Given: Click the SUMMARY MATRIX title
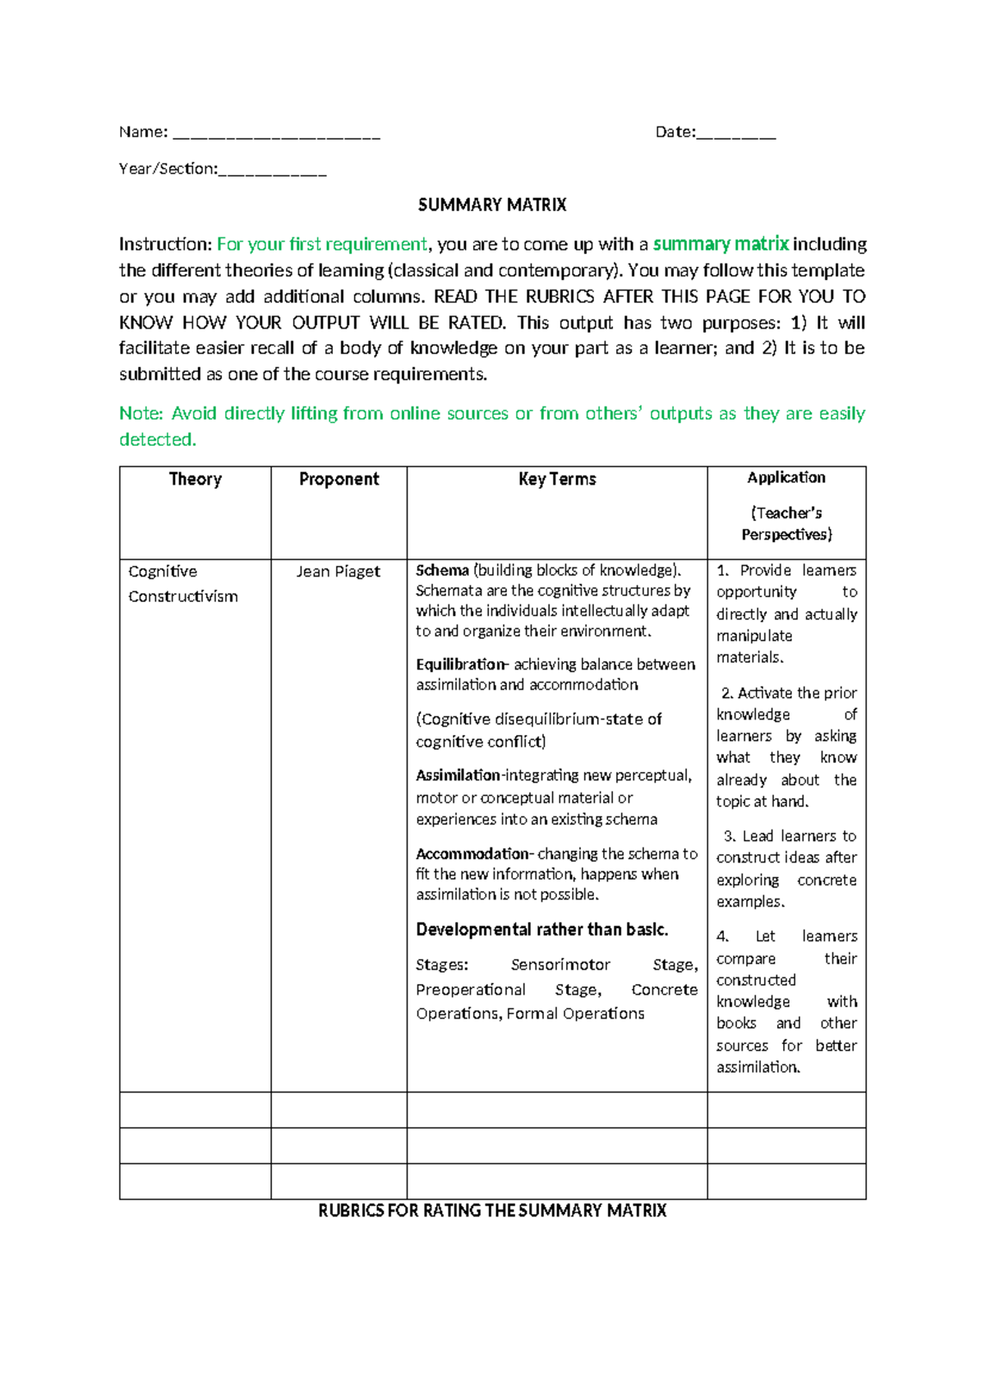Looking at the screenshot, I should point(492,205).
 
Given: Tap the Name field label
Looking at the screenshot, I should point(143,132).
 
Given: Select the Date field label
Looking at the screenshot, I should point(675,132).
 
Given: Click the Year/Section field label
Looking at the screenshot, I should point(168,169).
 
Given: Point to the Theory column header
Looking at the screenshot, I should point(195,480).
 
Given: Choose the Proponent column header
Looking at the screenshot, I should point(339,480).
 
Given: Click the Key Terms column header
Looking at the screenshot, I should point(557,480).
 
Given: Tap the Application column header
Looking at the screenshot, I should point(786,478).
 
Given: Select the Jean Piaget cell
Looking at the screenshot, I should point(339,572).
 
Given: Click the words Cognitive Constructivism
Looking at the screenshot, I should point(182,584).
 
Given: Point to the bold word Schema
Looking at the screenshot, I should point(442,571).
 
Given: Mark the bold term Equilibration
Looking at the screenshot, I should point(461,664).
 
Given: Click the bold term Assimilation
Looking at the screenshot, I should point(458,775).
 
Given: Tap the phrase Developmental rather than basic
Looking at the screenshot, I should point(541,930).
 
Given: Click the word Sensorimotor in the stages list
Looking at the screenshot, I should point(560,965).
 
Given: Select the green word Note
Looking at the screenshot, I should point(141,414).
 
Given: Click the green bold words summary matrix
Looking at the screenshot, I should point(721,245).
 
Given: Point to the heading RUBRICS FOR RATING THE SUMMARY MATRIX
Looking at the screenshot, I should point(492,1211).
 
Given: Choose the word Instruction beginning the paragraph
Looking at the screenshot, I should point(165,245).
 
